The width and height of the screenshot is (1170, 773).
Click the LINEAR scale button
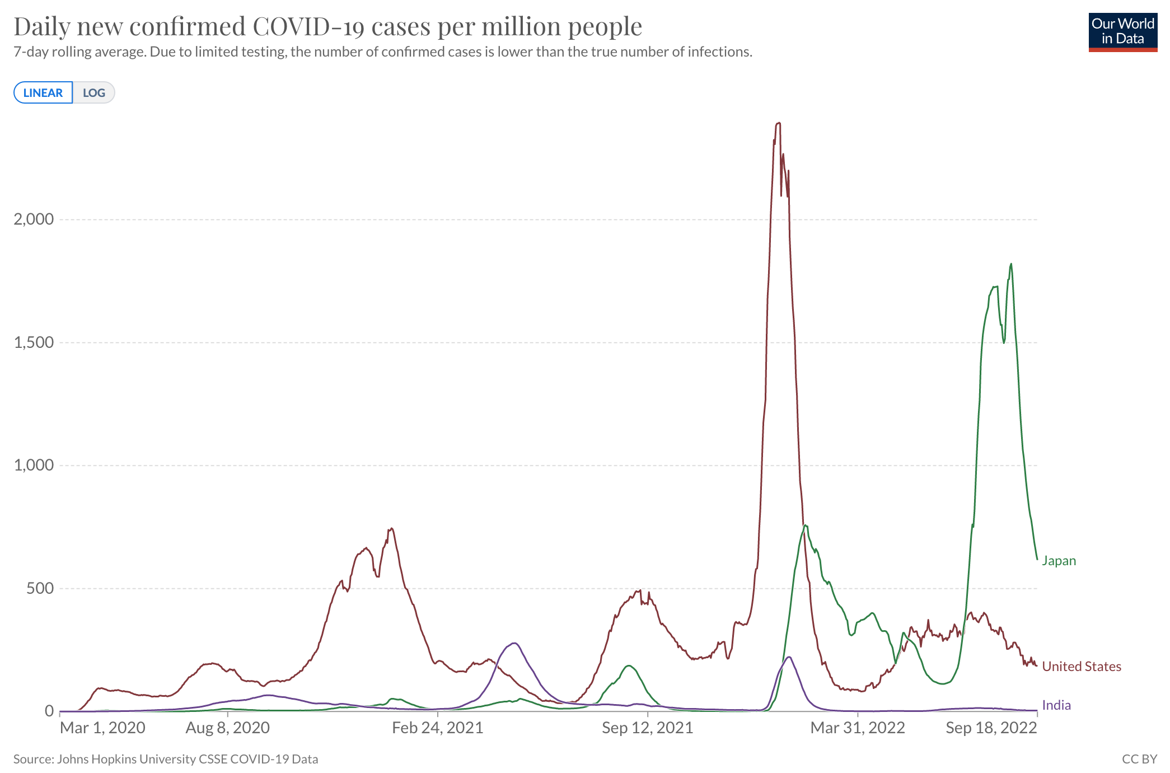(x=43, y=92)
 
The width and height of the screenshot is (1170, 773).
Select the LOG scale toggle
(x=93, y=92)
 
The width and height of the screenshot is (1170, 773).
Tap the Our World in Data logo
(x=1122, y=32)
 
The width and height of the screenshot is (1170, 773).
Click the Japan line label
(x=1059, y=561)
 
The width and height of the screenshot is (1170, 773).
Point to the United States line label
(x=1081, y=666)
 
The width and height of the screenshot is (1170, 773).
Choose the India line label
(x=1056, y=705)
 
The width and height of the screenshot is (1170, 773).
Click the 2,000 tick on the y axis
(x=34, y=219)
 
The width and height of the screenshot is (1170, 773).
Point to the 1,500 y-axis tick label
(x=34, y=342)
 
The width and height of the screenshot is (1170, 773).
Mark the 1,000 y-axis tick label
(x=34, y=465)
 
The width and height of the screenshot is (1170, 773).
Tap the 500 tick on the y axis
(x=40, y=588)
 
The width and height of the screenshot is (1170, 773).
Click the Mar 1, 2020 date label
(x=102, y=728)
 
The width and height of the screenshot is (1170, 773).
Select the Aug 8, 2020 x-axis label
(x=228, y=728)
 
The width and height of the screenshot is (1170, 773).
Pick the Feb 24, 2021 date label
(x=437, y=728)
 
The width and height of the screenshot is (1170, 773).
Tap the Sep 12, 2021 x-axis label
(x=647, y=728)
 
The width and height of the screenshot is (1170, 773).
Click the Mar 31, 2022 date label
(x=858, y=728)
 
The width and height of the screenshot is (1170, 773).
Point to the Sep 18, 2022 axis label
(x=991, y=728)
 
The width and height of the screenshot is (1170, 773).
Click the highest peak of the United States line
(x=779, y=123)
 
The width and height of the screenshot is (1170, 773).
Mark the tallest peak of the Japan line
(x=1010, y=264)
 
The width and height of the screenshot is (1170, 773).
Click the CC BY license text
(x=1139, y=759)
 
